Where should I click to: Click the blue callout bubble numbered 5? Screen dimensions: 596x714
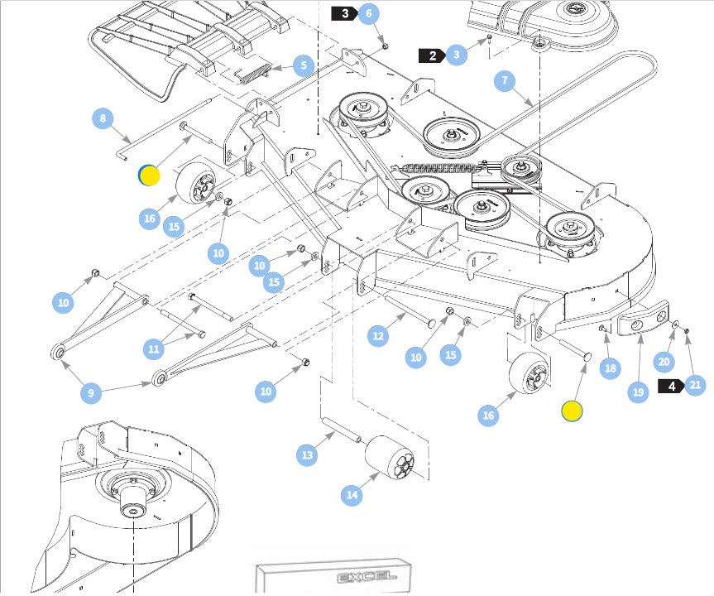click(304, 65)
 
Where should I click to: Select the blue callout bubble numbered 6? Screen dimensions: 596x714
click(369, 13)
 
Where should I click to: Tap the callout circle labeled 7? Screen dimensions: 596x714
click(506, 81)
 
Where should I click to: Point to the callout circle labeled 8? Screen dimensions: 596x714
click(103, 118)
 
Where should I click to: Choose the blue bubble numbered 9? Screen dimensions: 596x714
click(92, 392)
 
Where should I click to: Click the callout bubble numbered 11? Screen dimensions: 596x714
click(153, 349)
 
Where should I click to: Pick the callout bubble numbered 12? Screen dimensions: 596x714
click(378, 335)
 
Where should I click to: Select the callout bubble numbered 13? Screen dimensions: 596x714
click(308, 454)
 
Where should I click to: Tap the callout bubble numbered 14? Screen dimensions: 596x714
click(352, 495)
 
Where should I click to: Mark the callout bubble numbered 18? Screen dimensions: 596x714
click(611, 368)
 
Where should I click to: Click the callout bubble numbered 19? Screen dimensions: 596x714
click(638, 392)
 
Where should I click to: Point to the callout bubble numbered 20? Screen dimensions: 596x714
click(664, 361)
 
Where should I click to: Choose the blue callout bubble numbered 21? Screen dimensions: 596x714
click(695, 385)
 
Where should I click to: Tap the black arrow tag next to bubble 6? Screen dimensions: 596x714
click(344, 13)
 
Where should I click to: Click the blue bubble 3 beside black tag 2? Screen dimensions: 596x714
click(456, 55)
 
